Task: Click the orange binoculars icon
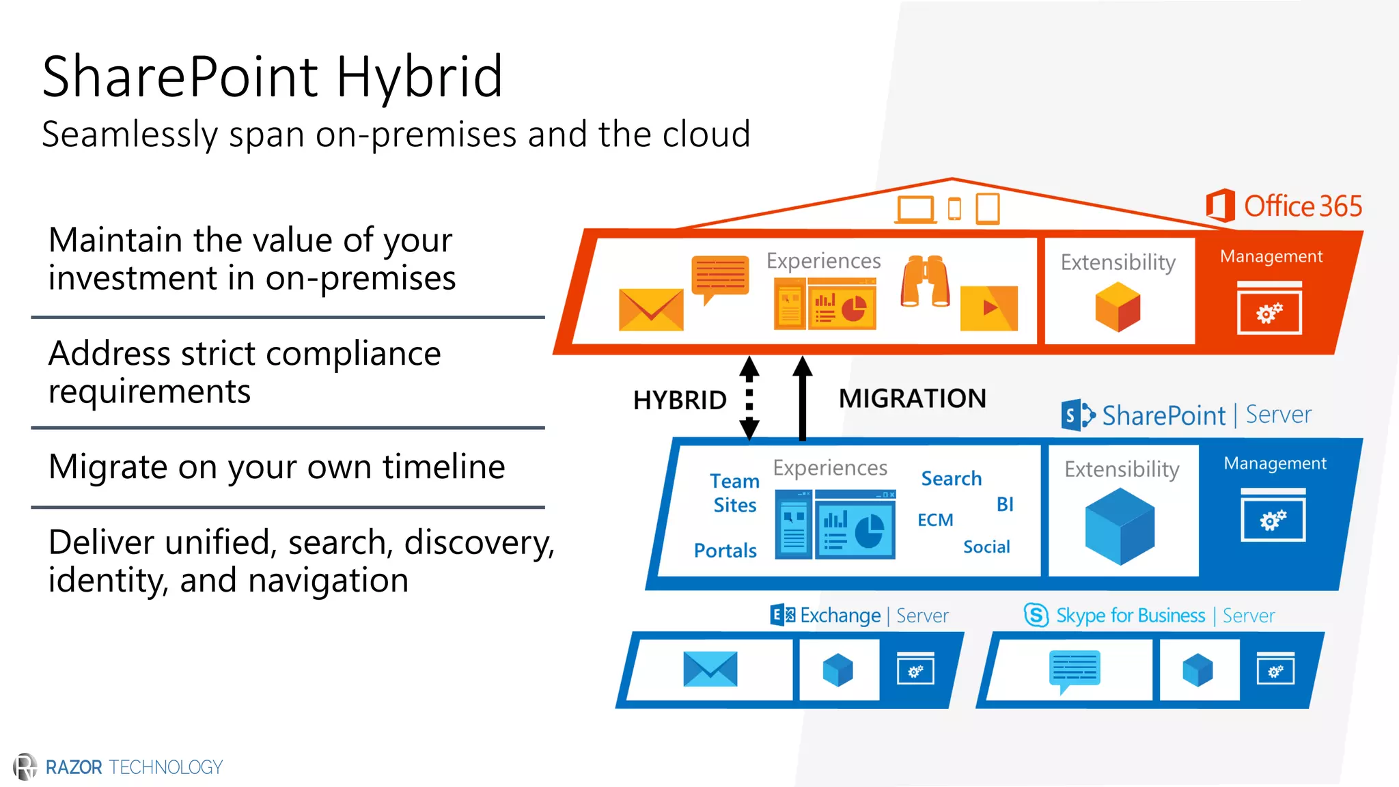click(925, 281)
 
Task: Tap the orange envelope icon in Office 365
click(651, 309)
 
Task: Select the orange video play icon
click(988, 308)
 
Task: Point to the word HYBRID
click(680, 400)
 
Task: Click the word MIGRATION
click(912, 398)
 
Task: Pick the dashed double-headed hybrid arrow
click(749, 398)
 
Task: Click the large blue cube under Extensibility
click(1120, 526)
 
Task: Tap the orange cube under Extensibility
click(1118, 307)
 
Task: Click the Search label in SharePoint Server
click(951, 479)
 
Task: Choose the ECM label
click(935, 520)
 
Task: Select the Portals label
click(725, 551)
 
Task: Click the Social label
click(986, 547)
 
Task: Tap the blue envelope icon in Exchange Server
click(710, 669)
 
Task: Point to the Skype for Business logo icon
click(1036, 615)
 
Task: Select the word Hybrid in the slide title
click(419, 77)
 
